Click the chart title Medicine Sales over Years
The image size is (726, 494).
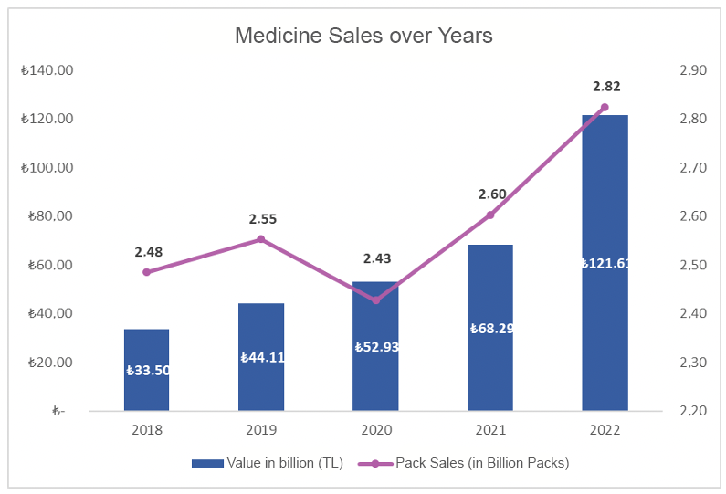pos(363,36)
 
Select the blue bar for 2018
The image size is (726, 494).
pos(147,347)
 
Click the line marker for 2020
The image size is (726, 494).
pos(376,300)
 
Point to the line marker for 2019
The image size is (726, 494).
pos(261,239)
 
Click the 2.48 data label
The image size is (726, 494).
pos(148,251)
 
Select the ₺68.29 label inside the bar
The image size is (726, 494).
pos(491,329)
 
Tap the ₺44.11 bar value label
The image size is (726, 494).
pos(262,357)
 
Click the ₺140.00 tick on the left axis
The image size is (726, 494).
pos(47,70)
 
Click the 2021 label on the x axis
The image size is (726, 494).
pos(490,428)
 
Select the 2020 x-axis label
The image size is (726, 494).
pos(376,428)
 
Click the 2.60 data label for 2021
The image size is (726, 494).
pos(491,194)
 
